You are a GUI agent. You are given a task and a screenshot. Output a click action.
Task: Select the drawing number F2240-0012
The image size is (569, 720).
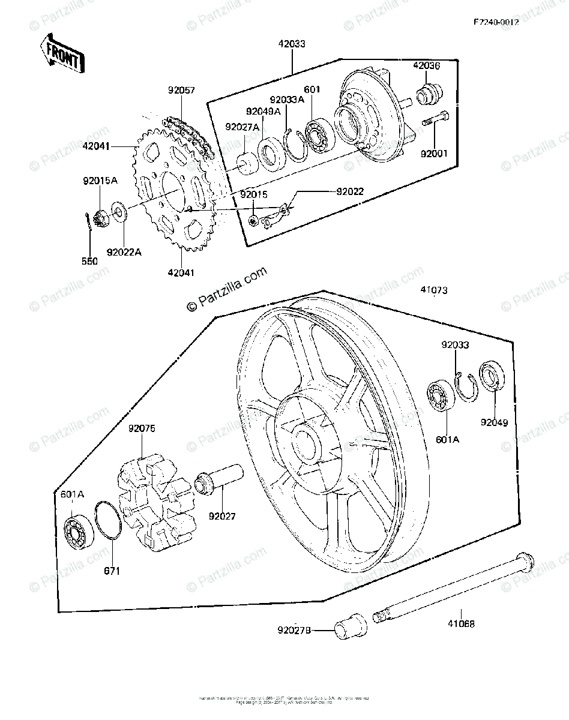point(496,22)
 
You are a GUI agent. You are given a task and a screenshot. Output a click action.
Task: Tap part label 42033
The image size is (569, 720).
point(291,44)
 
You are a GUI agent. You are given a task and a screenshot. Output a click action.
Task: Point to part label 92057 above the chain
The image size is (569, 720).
point(181,91)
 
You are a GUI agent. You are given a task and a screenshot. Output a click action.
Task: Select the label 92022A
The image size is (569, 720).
point(124,253)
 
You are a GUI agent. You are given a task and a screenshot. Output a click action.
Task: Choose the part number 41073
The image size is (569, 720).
point(433,291)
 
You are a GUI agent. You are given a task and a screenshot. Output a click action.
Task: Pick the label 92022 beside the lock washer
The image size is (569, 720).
point(349,192)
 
